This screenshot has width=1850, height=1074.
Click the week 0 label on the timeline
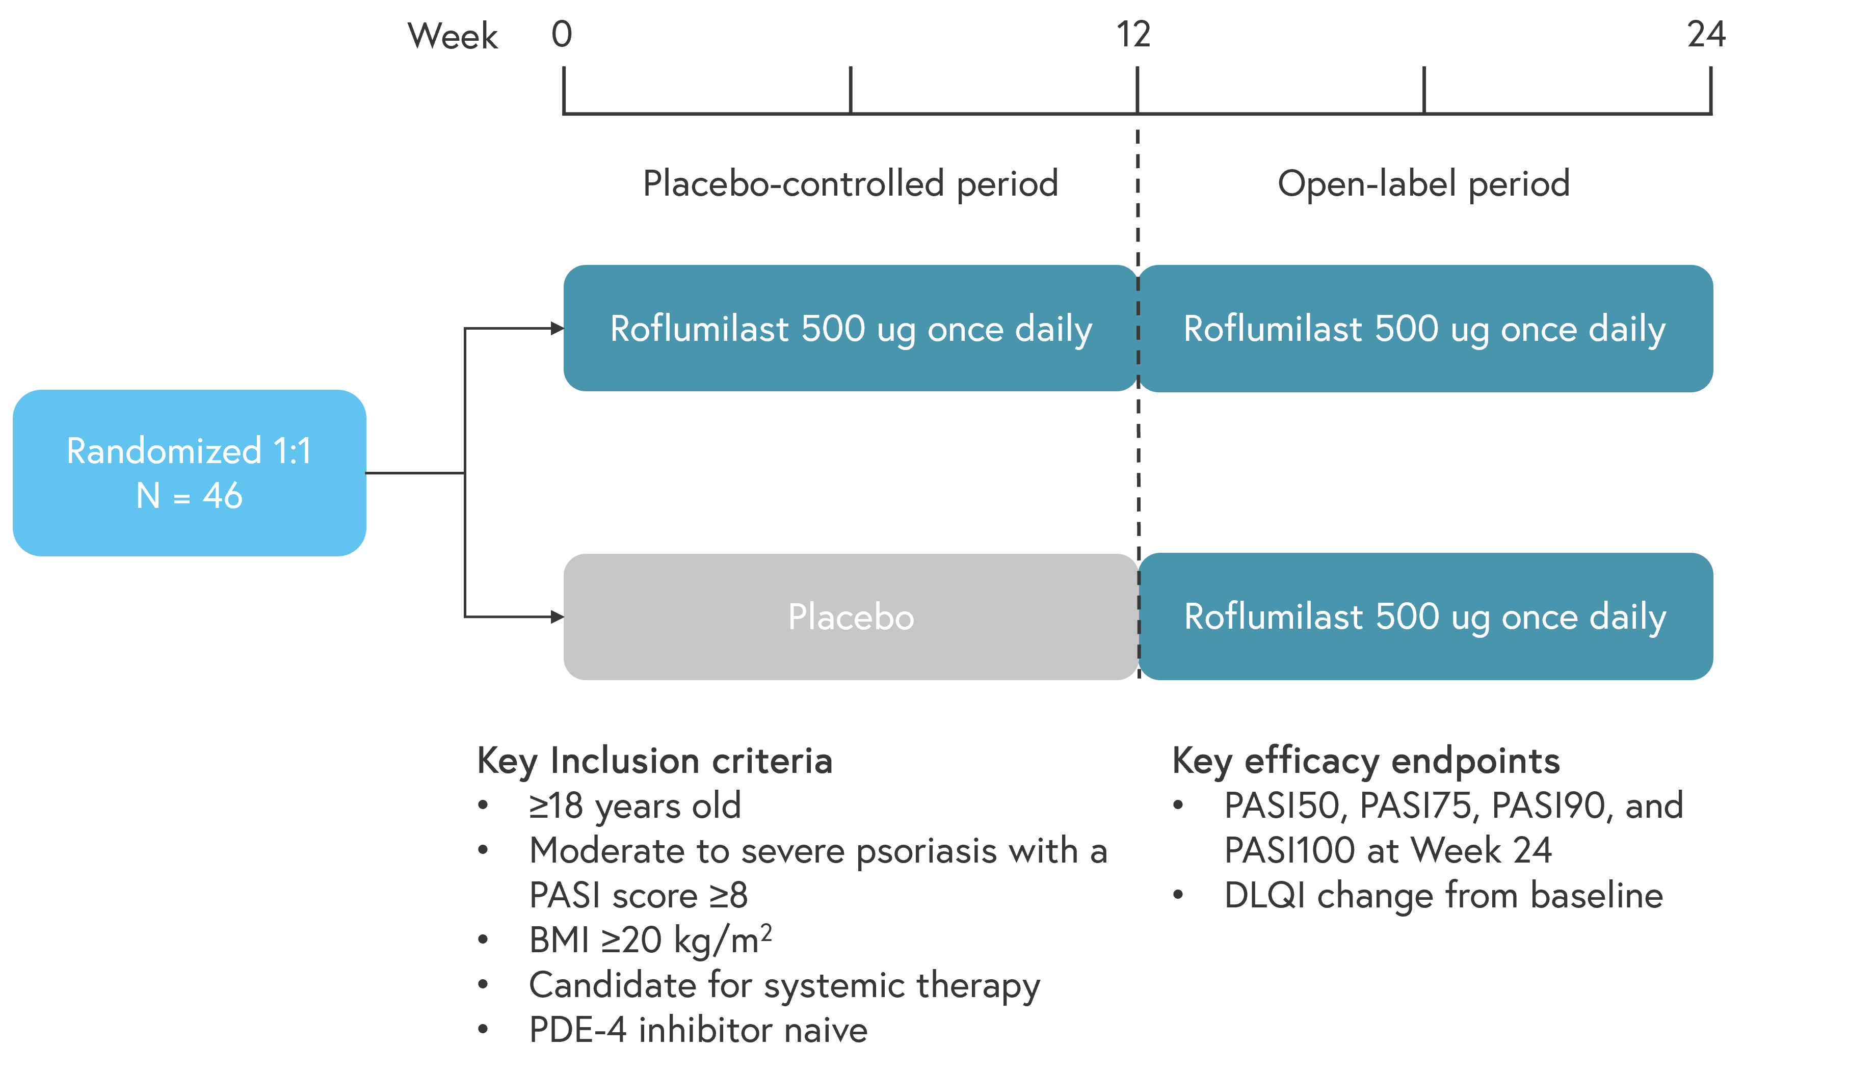[x=562, y=35]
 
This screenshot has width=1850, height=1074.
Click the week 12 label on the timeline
[x=1133, y=35]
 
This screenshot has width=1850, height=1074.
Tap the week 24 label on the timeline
[x=1706, y=35]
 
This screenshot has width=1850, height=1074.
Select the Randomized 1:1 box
[x=190, y=473]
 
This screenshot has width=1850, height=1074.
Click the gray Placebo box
[x=851, y=616]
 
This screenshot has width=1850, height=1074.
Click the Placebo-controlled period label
[x=850, y=183]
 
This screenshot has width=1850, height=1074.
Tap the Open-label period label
[x=1423, y=183]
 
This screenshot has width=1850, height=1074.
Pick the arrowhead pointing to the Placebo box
[x=557, y=616]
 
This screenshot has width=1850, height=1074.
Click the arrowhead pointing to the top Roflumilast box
[x=557, y=328]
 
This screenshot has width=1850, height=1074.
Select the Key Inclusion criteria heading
[x=655, y=761]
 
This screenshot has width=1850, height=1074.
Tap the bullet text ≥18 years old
[x=635, y=806]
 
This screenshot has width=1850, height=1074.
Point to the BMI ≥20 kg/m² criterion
[x=650, y=939]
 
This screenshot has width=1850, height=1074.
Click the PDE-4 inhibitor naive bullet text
[x=698, y=1030]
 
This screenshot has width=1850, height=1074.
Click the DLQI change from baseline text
[x=1443, y=896]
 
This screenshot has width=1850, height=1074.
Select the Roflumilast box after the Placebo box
[x=1425, y=616]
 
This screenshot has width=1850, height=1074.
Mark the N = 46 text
[x=190, y=496]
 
